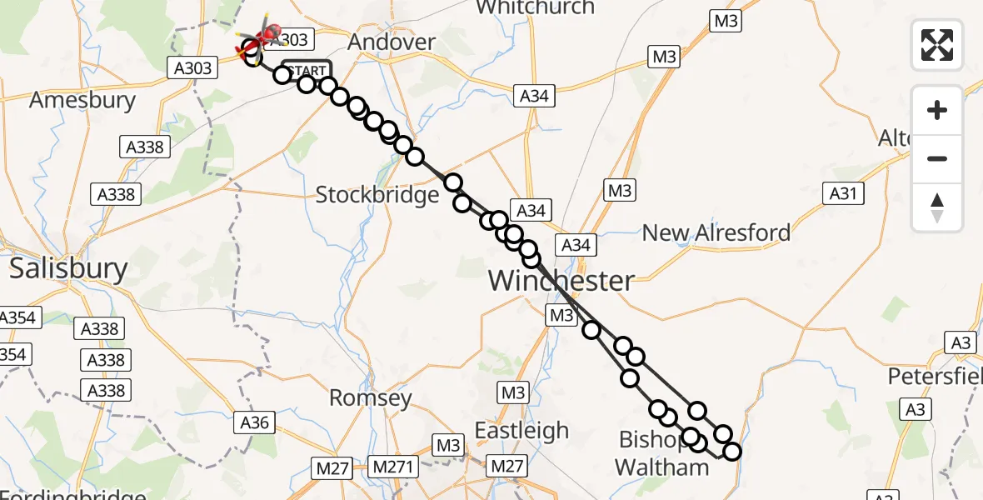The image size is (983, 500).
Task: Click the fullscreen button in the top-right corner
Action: click(x=937, y=44)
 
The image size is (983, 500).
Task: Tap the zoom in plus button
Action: click(x=937, y=111)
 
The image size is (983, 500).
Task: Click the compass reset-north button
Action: click(x=937, y=207)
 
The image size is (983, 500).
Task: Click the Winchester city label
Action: click(x=561, y=280)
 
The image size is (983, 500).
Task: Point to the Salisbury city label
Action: click(x=68, y=269)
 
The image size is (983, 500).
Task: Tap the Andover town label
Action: click(x=392, y=42)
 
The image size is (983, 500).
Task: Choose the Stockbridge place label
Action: click(x=377, y=195)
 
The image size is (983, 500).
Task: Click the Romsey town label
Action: click(x=371, y=397)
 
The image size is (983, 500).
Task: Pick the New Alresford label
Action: click(x=716, y=232)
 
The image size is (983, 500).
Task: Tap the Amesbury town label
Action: click(x=82, y=101)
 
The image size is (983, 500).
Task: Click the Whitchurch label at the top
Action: click(x=535, y=8)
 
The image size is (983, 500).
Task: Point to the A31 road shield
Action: click(x=842, y=194)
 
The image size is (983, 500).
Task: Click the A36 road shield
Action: click(x=254, y=422)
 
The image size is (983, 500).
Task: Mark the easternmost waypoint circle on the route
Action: click(x=732, y=452)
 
